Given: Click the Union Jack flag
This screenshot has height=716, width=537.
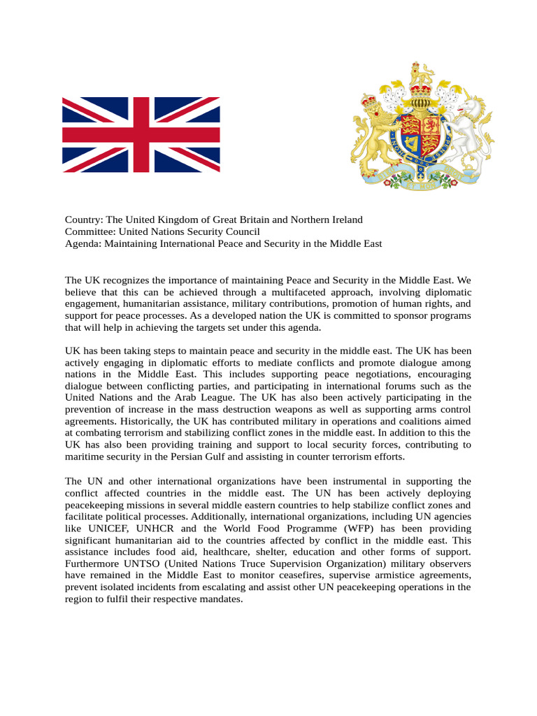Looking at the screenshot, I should coord(141,135).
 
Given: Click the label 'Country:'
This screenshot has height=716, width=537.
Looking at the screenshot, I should coord(84,220).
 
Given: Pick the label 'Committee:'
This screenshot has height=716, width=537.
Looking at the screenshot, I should coord(90,231).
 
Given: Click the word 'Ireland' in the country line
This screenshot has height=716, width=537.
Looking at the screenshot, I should coord(345,220).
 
